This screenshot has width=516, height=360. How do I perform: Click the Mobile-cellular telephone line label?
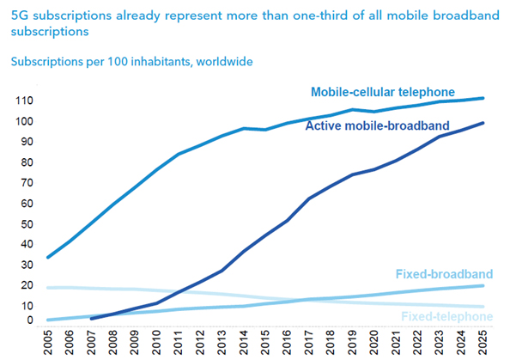pos(382,91)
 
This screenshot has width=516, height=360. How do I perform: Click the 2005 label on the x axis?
pos(51,341)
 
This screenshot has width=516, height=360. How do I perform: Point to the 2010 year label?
pos(159,341)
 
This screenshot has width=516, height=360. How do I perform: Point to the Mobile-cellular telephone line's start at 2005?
pos(48,257)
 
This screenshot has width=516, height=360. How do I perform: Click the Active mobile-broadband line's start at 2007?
pos(92,318)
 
